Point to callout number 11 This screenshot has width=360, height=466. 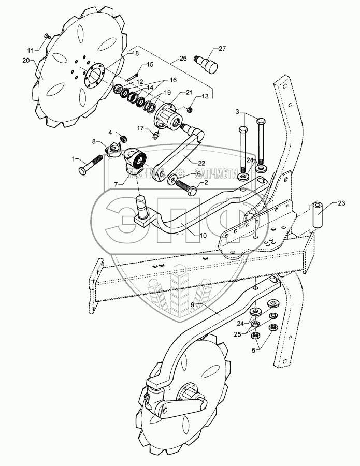pyautogui.click(x=30, y=50)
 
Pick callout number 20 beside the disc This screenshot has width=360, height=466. pyautogui.click(x=26, y=60)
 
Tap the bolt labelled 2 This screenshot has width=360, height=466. pyautogui.click(x=185, y=185)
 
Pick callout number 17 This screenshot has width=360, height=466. pyautogui.click(x=140, y=127)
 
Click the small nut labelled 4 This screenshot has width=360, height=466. pyautogui.click(x=123, y=138)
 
